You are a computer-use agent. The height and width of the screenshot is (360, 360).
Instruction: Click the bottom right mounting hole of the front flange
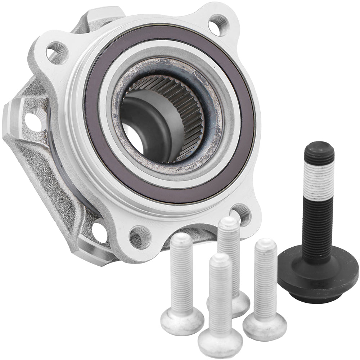point(242,214)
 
